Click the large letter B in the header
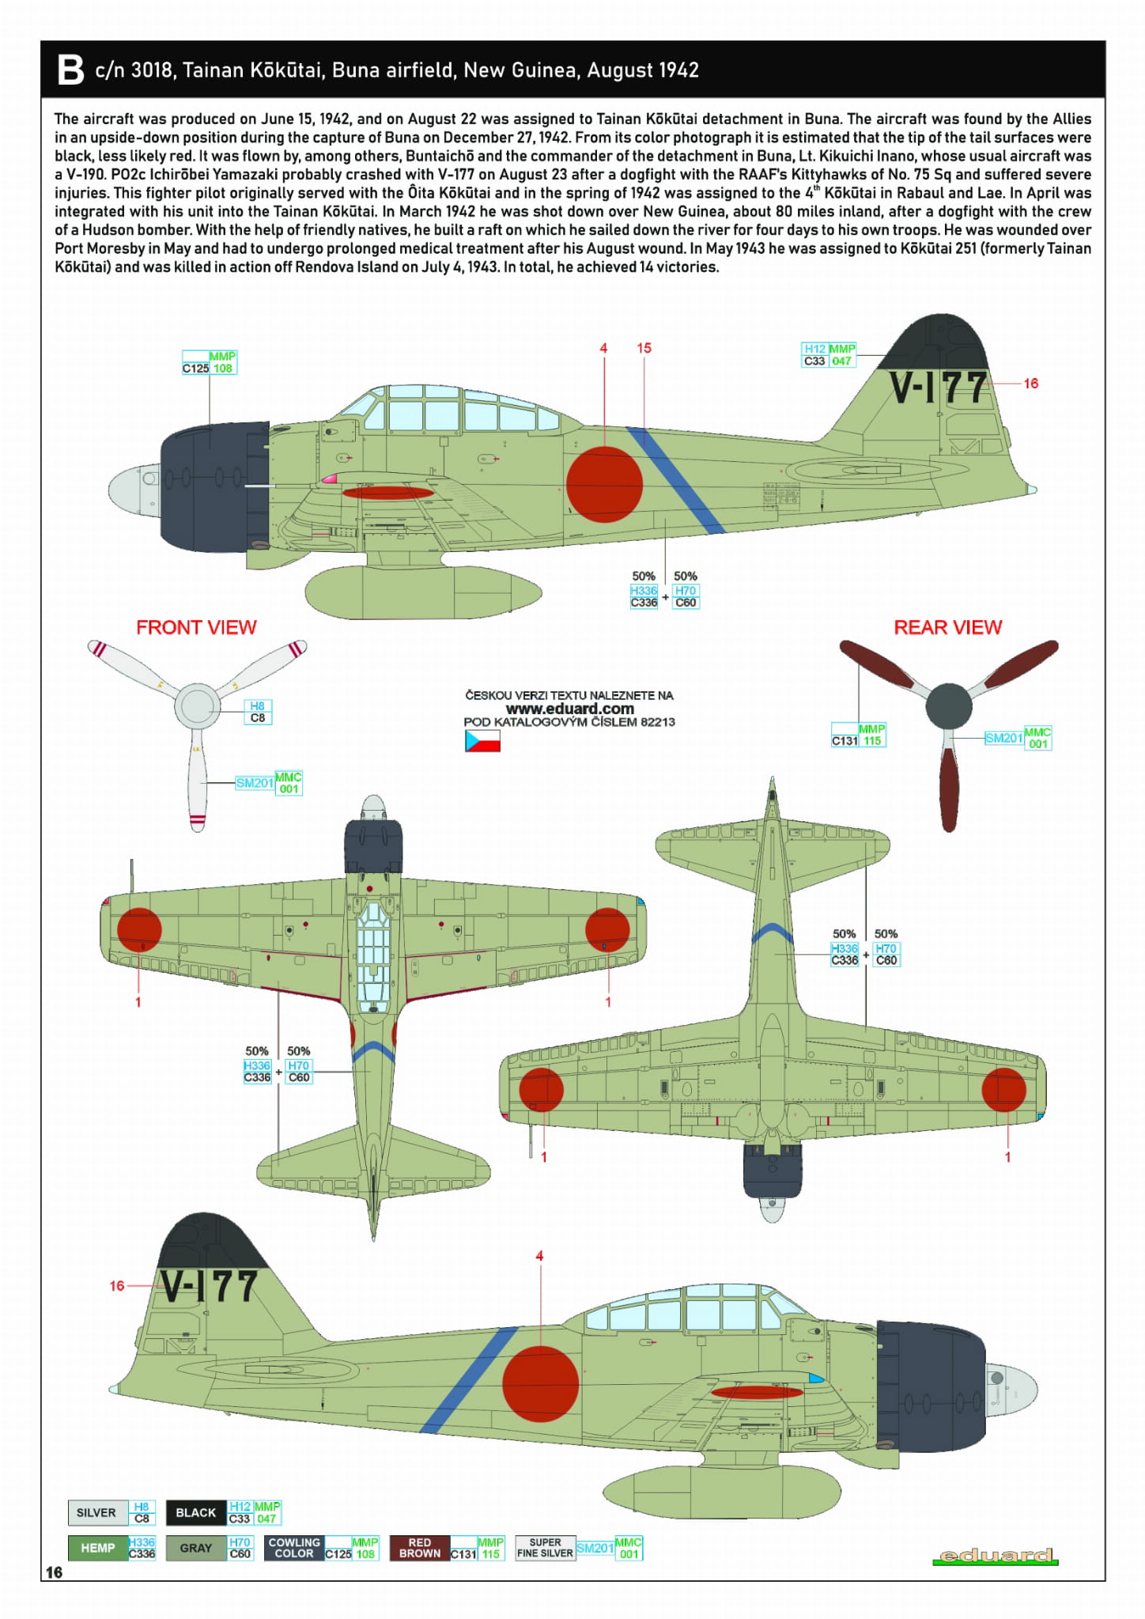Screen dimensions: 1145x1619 pos(70,70)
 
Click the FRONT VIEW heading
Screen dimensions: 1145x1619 pos(196,627)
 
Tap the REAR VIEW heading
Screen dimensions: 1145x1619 pos(947,627)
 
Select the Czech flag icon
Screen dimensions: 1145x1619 pos(482,740)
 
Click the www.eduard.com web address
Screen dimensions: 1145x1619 pos(569,709)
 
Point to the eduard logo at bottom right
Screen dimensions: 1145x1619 pos(995,1556)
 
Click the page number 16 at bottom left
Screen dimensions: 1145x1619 pos(54,1572)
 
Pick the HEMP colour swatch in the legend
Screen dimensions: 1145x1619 pos(98,1548)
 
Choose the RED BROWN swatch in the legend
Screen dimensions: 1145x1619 pos(419,1548)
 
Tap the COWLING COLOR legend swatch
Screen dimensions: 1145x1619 pos(294,1548)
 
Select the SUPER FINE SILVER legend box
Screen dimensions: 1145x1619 pos(545,1548)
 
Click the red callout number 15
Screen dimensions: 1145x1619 pos(644,348)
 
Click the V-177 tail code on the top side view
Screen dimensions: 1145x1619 pos(939,388)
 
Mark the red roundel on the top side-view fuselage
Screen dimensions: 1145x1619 pos(604,484)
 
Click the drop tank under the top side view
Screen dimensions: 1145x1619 pos(423,591)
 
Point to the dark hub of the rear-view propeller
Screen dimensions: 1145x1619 pos(948,705)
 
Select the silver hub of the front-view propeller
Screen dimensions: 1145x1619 pos(197,705)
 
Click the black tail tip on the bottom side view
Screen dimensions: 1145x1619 pos(212,1241)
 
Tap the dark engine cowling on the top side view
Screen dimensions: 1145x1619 pos(215,486)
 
